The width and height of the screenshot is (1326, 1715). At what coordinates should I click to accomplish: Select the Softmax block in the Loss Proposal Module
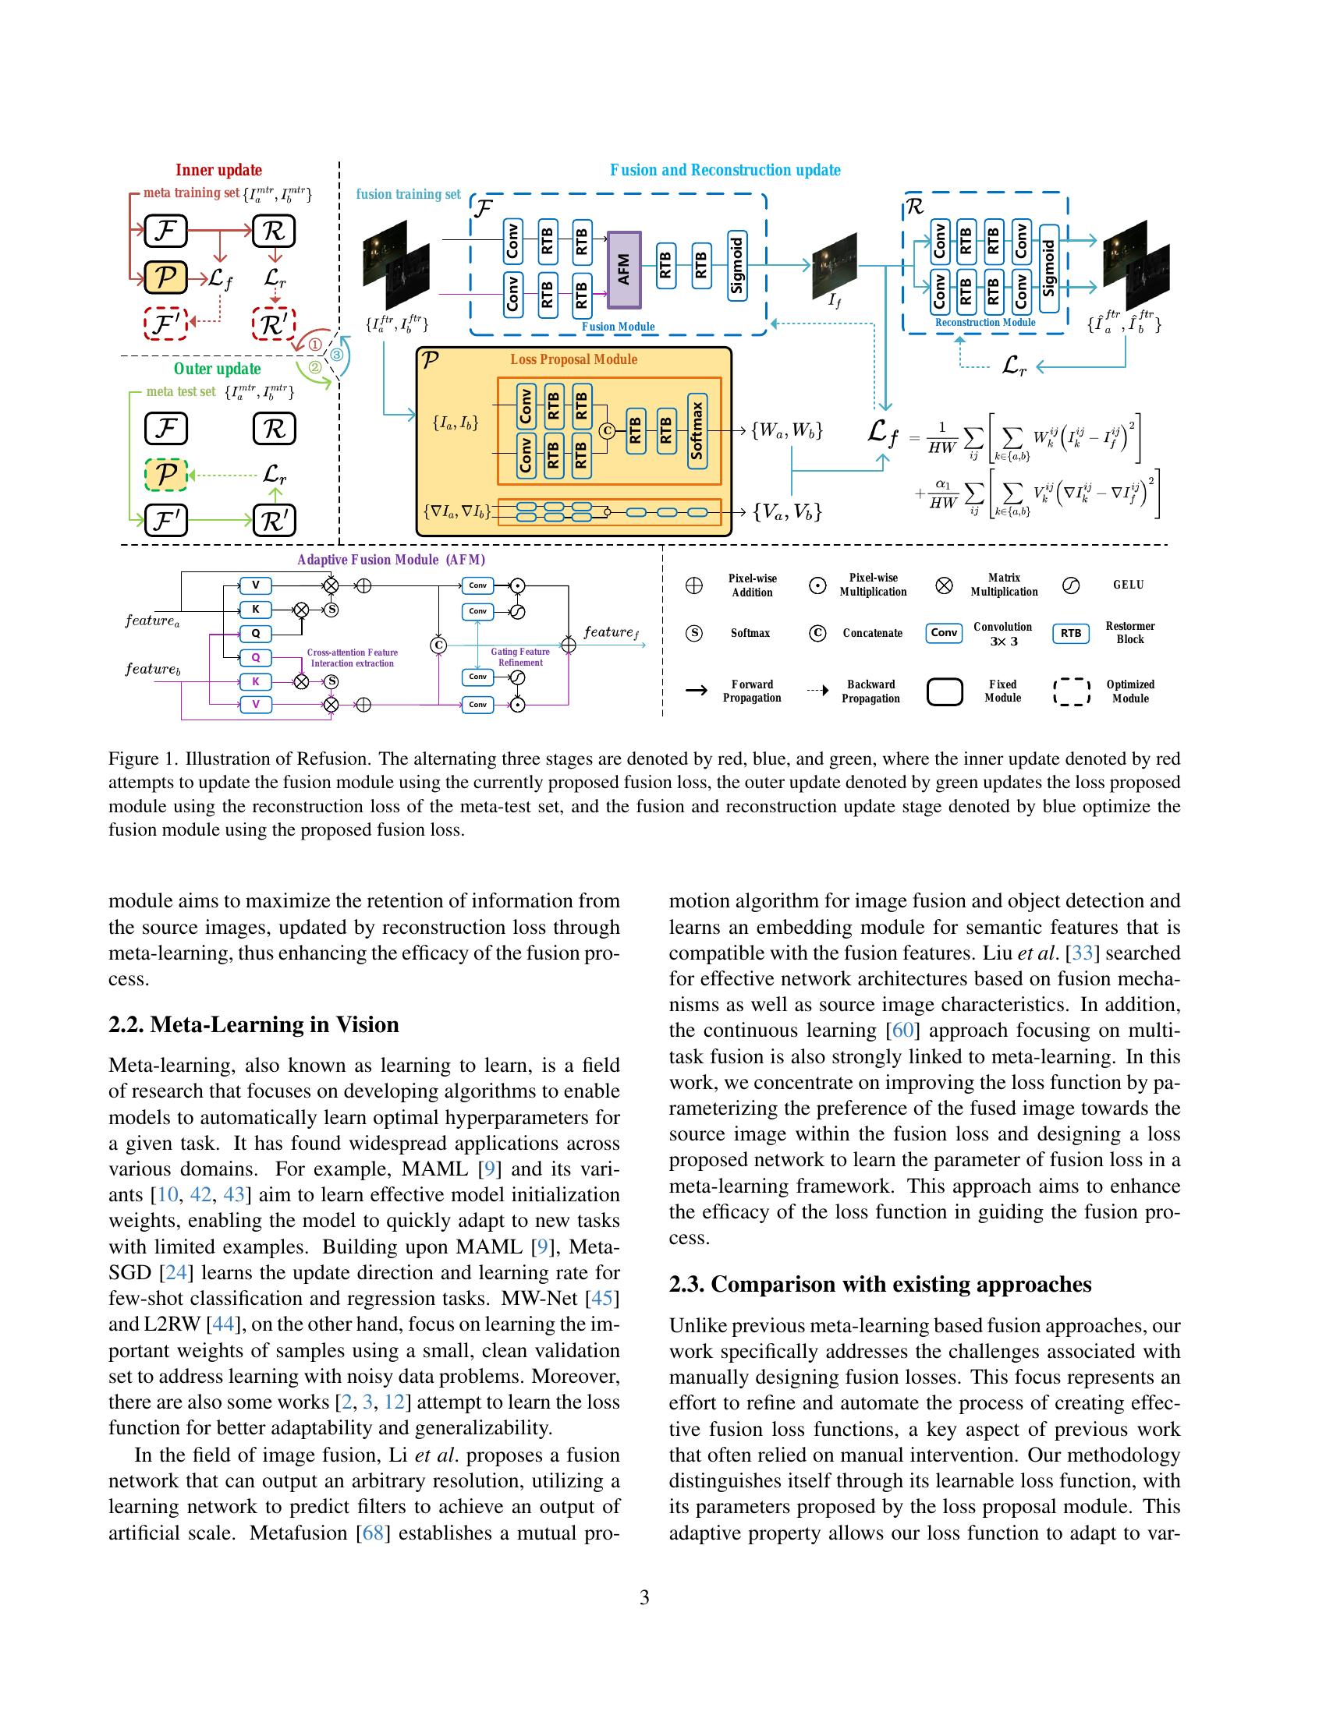coord(697,431)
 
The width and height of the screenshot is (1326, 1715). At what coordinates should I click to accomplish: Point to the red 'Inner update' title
coord(218,171)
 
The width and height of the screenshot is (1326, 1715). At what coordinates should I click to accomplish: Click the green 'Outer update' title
coord(217,369)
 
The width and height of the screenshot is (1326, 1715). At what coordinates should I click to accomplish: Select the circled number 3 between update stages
coord(336,354)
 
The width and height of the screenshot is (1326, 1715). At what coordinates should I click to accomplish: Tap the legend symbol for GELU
coord(1070,585)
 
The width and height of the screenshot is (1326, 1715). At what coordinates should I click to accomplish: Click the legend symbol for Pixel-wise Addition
coord(694,585)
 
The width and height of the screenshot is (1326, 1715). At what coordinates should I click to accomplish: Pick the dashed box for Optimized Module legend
coord(1071,691)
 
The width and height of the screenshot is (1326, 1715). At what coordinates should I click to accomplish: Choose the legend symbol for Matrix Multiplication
coord(945,585)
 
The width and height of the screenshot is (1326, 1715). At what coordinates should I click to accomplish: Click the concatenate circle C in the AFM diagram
coord(439,645)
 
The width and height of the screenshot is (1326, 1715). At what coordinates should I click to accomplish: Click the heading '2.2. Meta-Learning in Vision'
coord(253,1025)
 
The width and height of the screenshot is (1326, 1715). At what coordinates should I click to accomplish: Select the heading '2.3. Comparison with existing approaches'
coord(880,1284)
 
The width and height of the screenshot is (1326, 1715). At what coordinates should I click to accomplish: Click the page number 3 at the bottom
coord(644,1597)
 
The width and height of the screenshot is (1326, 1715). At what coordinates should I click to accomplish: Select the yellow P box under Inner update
coord(165,277)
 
